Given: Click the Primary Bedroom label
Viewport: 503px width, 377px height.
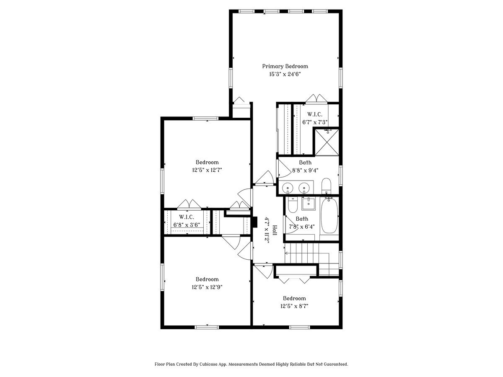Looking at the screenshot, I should pos(285,66).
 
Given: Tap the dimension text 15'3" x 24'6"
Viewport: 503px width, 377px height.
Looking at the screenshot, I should pos(285,74).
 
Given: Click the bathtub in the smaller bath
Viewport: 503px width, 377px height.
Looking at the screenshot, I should pos(329,216).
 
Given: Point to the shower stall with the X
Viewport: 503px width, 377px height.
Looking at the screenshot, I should pos(327,142).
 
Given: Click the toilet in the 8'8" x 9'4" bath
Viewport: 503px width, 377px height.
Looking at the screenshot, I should pos(327,186).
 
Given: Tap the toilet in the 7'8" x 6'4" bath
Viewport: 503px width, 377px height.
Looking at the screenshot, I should pos(293,205).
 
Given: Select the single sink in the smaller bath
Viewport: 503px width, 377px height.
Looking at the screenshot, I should pos(308,204).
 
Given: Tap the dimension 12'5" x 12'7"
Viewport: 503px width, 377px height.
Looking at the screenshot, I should pos(207,170).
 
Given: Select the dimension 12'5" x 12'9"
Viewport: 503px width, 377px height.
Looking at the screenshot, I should pos(207,287).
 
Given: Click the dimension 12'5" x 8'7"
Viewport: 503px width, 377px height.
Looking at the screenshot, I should pos(294,306).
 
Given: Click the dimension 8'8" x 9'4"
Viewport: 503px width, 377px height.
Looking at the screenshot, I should pos(305,170).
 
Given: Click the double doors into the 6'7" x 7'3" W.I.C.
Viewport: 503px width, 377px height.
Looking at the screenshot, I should pos(316,99).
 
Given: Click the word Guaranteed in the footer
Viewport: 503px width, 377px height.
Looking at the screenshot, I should pos(334,364).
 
